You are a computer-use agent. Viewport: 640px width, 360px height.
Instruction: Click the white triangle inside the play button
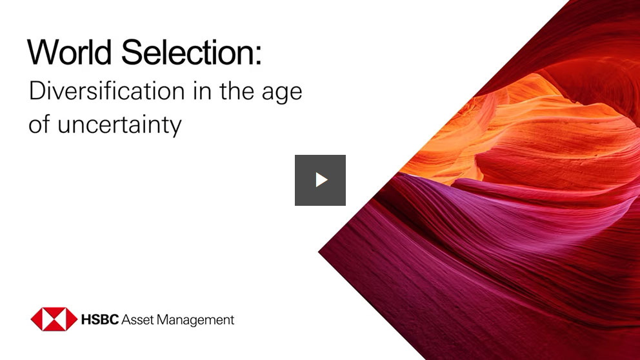[321, 180]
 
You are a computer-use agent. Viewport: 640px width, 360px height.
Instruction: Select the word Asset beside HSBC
[137, 319]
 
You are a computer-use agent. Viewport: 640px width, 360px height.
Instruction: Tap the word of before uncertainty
[39, 125]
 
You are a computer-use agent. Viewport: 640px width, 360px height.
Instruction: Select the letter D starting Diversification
[37, 92]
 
